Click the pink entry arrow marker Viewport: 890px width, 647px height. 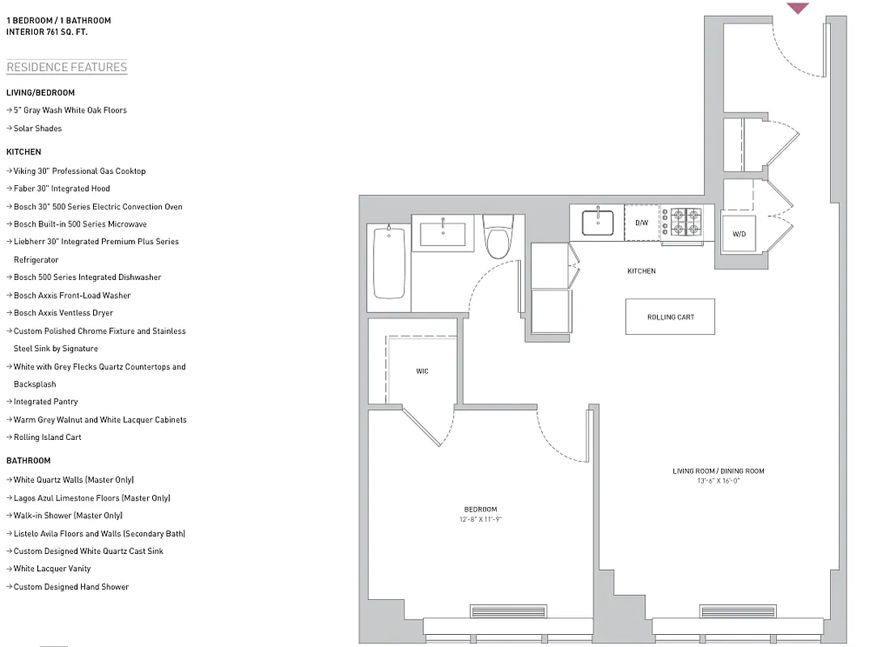pyautogui.click(x=798, y=8)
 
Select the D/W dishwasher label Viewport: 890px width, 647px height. pyautogui.click(x=641, y=222)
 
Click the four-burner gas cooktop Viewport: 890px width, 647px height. pyautogui.click(x=682, y=222)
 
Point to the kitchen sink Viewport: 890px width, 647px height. pyautogui.click(x=597, y=222)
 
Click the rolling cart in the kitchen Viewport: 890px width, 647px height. pyautogui.click(x=670, y=317)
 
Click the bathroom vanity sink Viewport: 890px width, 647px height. pyautogui.click(x=443, y=233)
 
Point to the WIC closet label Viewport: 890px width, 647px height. pyautogui.click(x=422, y=371)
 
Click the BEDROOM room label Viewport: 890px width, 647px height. pyautogui.click(x=481, y=509)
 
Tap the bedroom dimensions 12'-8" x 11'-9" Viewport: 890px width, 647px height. pyautogui.click(x=481, y=519)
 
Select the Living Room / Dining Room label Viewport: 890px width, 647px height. pyautogui.click(x=718, y=471)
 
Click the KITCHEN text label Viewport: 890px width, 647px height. pyautogui.click(x=642, y=271)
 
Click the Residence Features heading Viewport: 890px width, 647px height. pyautogui.click(x=66, y=67)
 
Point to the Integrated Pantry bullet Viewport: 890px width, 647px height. pyautogui.click(x=46, y=402)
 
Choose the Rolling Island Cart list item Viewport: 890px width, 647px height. pyautogui.click(x=48, y=438)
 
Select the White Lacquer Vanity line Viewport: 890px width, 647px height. pyautogui.click(x=53, y=569)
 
